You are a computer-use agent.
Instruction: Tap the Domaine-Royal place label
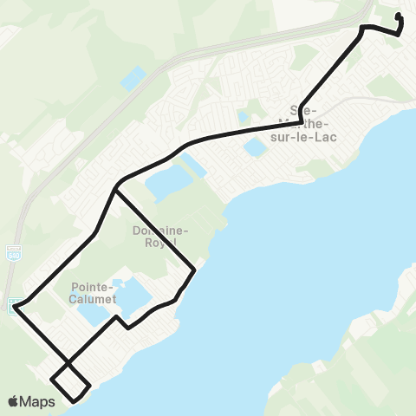click(155, 237)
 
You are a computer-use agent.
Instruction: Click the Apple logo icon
click(13, 401)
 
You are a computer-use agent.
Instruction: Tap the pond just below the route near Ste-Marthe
click(256, 146)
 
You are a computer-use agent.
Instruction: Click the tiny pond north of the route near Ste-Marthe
click(244, 116)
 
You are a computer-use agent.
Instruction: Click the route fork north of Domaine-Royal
click(115, 186)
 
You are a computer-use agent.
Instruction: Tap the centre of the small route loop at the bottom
click(69, 381)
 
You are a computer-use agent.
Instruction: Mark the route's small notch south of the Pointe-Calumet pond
click(127, 327)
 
